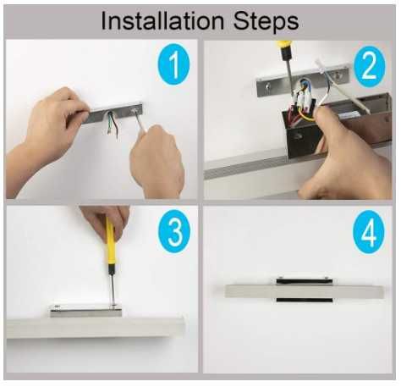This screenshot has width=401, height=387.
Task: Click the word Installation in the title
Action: pyautogui.click(x=162, y=21)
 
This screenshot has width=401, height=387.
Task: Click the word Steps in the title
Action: pyautogui.click(x=266, y=22)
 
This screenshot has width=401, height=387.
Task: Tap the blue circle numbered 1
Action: pyautogui.click(x=174, y=64)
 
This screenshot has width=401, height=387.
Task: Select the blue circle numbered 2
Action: pyautogui.click(x=369, y=67)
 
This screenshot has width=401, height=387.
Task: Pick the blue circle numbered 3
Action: pyautogui.click(x=174, y=231)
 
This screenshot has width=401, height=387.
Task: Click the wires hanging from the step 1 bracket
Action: pyautogui.click(x=113, y=124)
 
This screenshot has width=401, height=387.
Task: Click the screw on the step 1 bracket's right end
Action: pyautogui.click(x=134, y=110)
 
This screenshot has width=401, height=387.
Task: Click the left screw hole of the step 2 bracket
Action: pyautogui.click(x=267, y=86)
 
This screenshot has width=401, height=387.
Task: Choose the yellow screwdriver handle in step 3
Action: pyautogui.click(x=110, y=243)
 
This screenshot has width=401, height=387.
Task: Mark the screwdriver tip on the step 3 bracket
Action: pyautogui.click(x=113, y=305)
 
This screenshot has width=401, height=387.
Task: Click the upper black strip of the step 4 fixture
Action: pyautogui.click(x=305, y=281)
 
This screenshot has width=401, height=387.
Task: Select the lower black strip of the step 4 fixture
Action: pyautogui.click(x=305, y=300)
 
